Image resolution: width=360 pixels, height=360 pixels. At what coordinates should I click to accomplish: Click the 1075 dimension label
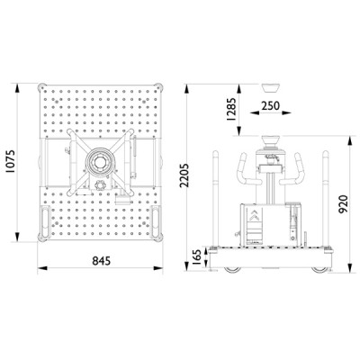[x=11, y=161]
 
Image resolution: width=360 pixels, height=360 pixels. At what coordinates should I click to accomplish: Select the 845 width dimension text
[x=101, y=261]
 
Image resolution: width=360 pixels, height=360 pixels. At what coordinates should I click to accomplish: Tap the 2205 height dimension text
[x=184, y=175]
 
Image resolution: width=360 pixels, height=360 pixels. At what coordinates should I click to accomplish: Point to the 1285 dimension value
[x=231, y=109]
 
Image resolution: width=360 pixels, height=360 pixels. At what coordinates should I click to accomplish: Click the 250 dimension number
[x=270, y=105]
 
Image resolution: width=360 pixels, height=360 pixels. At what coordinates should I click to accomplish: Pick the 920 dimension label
[x=343, y=204]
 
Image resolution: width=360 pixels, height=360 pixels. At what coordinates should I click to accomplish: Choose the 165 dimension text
[x=196, y=257]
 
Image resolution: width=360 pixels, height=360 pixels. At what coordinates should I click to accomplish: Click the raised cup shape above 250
[x=271, y=88]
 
